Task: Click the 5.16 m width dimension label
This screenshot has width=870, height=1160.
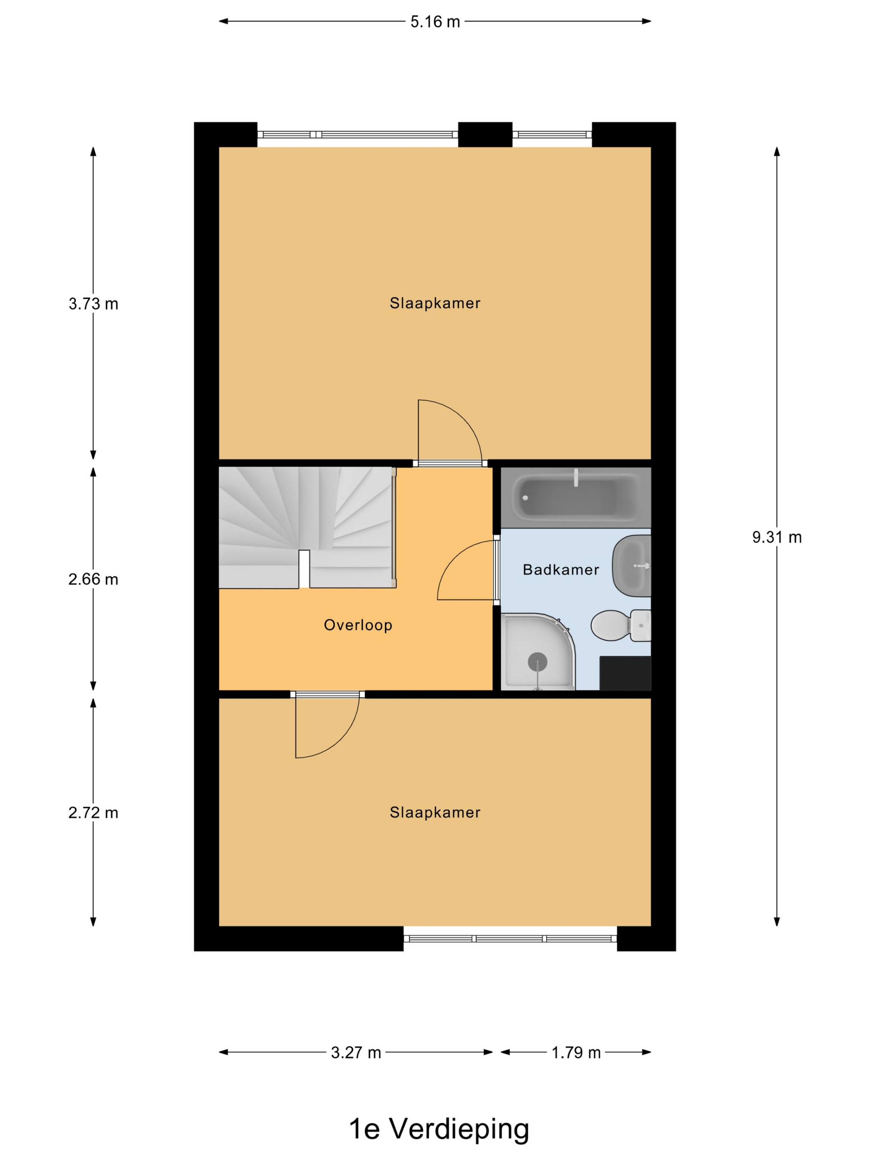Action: click(435, 22)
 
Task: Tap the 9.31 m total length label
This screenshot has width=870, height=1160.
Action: click(777, 537)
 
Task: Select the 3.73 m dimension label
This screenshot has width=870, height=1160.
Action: click(93, 304)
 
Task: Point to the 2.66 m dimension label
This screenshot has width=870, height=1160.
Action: click(93, 580)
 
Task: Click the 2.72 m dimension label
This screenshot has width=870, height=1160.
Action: click(93, 813)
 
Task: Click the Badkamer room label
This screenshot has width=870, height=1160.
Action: click(561, 570)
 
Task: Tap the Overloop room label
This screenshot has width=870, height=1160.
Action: click(358, 625)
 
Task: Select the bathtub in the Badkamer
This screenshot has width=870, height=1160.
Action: click(576, 497)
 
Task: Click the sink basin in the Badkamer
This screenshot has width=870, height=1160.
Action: click(632, 566)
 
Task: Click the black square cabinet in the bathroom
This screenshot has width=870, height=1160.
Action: click(625, 673)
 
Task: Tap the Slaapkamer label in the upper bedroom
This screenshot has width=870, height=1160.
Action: click(435, 303)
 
